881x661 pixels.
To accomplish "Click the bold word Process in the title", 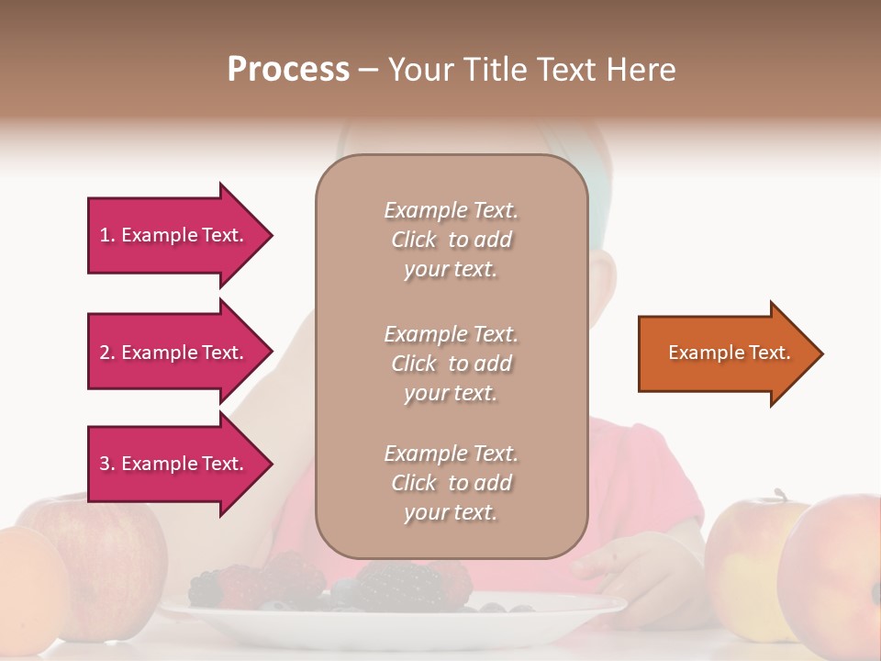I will coord(288,70).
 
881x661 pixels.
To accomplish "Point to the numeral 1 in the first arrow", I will coord(105,235).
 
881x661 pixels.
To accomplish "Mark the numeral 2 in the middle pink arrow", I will coord(105,353).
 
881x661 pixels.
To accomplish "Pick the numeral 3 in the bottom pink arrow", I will coord(105,464).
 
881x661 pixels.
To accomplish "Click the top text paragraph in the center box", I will coord(451,240).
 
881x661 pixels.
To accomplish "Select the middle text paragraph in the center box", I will coord(451,364).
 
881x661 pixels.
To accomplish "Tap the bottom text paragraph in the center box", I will coord(451,483).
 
